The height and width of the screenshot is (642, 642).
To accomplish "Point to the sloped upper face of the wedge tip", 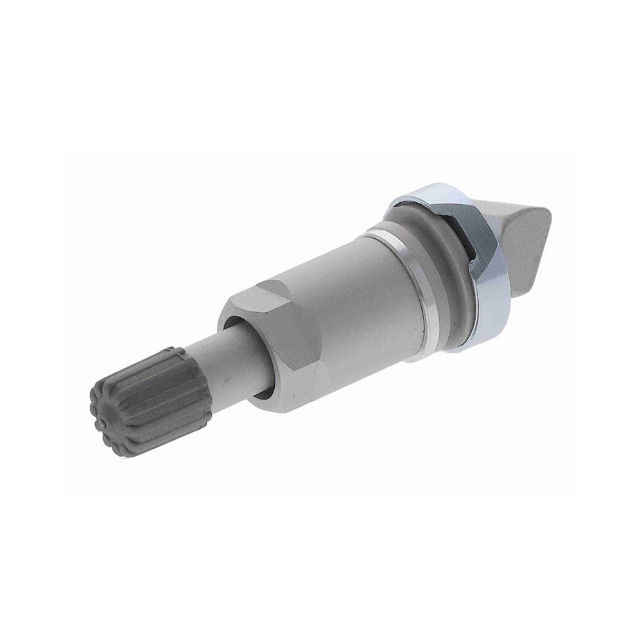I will point(514,212).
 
